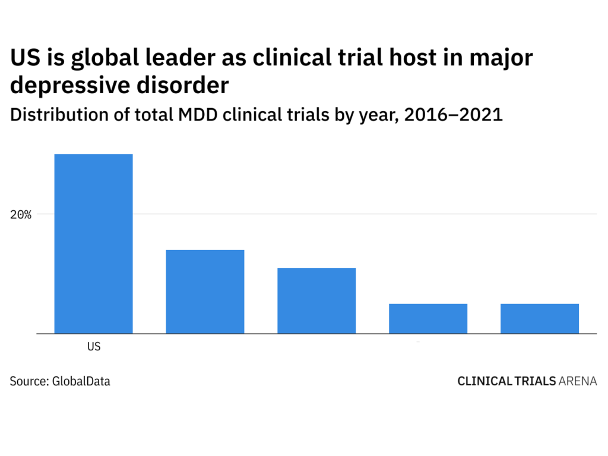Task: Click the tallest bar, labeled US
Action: click(93, 243)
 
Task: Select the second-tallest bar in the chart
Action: click(205, 292)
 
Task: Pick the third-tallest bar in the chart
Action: click(316, 300)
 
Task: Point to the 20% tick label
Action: click(20, 214)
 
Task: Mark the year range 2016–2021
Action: click(453, 115)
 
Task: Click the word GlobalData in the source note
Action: click(81, 381)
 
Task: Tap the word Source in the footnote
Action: click(27, 381)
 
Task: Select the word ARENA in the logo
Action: click(578, 381)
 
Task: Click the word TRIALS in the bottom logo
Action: click(533, 381)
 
